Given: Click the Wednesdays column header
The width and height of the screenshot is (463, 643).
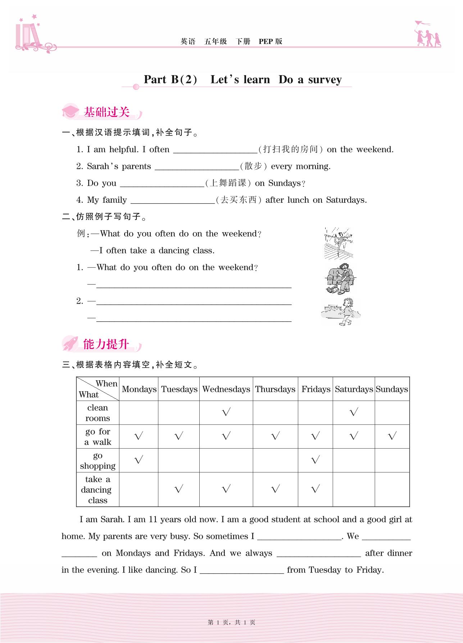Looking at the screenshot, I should [x=226, y=389].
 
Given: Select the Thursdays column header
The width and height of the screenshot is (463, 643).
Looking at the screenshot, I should [x=275, y=389].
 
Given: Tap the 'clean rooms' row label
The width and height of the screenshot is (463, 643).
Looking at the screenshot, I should [x=97, y=413].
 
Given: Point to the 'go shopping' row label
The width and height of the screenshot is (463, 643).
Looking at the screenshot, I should [x=97, y=460].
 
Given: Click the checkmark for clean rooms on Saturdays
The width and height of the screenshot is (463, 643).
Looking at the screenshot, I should [x=354, y=412].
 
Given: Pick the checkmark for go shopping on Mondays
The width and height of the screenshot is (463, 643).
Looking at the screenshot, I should [x=139, y=460].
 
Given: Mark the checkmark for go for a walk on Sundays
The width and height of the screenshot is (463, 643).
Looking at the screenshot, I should [x=392, y=436].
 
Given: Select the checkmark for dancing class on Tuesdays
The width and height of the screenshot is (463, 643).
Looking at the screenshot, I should [x=179, y=489].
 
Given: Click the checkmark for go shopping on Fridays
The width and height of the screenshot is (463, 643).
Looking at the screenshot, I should [x=316, y=460].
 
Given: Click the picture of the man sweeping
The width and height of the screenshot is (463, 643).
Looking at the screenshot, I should [x=340, y=279].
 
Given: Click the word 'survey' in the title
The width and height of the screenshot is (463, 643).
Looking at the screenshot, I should [x=325, y=79].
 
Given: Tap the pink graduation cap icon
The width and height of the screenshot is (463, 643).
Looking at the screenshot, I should [x=71, y=112].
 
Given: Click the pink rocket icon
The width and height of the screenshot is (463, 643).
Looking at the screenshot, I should [x=71, y=344].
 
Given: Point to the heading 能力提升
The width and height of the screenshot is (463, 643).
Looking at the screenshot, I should [x=106, y=344].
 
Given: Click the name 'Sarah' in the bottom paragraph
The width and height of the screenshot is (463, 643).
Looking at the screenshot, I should [x=112, y=519].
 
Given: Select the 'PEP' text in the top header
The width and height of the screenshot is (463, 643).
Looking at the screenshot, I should [x=265, y=41].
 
